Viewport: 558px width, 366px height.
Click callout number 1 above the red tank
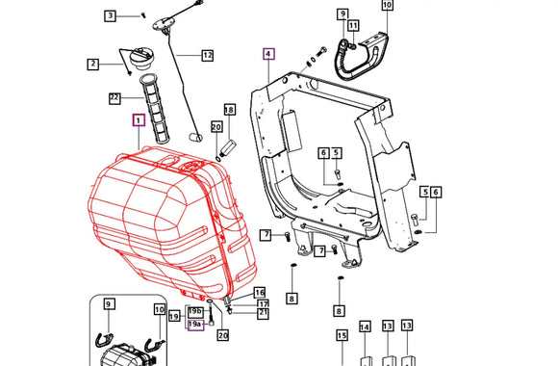coord(138,121)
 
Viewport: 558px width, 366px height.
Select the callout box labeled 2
coord(93,65)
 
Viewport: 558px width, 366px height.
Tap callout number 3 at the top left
coord(111,15)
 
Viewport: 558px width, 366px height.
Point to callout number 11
coord(353,25)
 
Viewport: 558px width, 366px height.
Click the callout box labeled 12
coord(207,56)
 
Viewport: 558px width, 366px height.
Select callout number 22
coord(114,97)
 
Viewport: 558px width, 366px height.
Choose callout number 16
coord(259,292)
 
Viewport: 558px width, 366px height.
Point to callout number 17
coord(262,303)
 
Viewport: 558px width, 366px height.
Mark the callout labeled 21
coord(263,313)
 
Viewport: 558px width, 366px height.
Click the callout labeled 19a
coord(194,326)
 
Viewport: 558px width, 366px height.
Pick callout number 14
coord(365,327)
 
